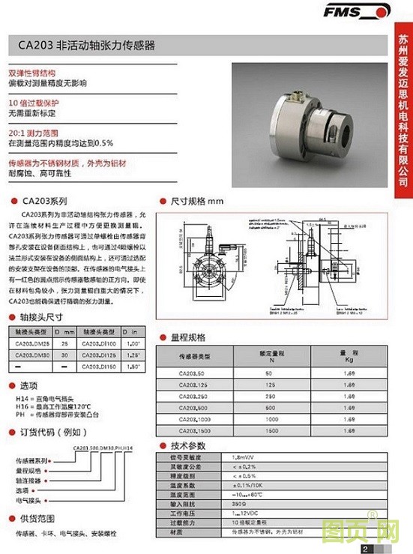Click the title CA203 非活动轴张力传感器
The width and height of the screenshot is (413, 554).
click(x=86, y=46)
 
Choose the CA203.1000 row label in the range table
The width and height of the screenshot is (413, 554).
click(x=196, y=420)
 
